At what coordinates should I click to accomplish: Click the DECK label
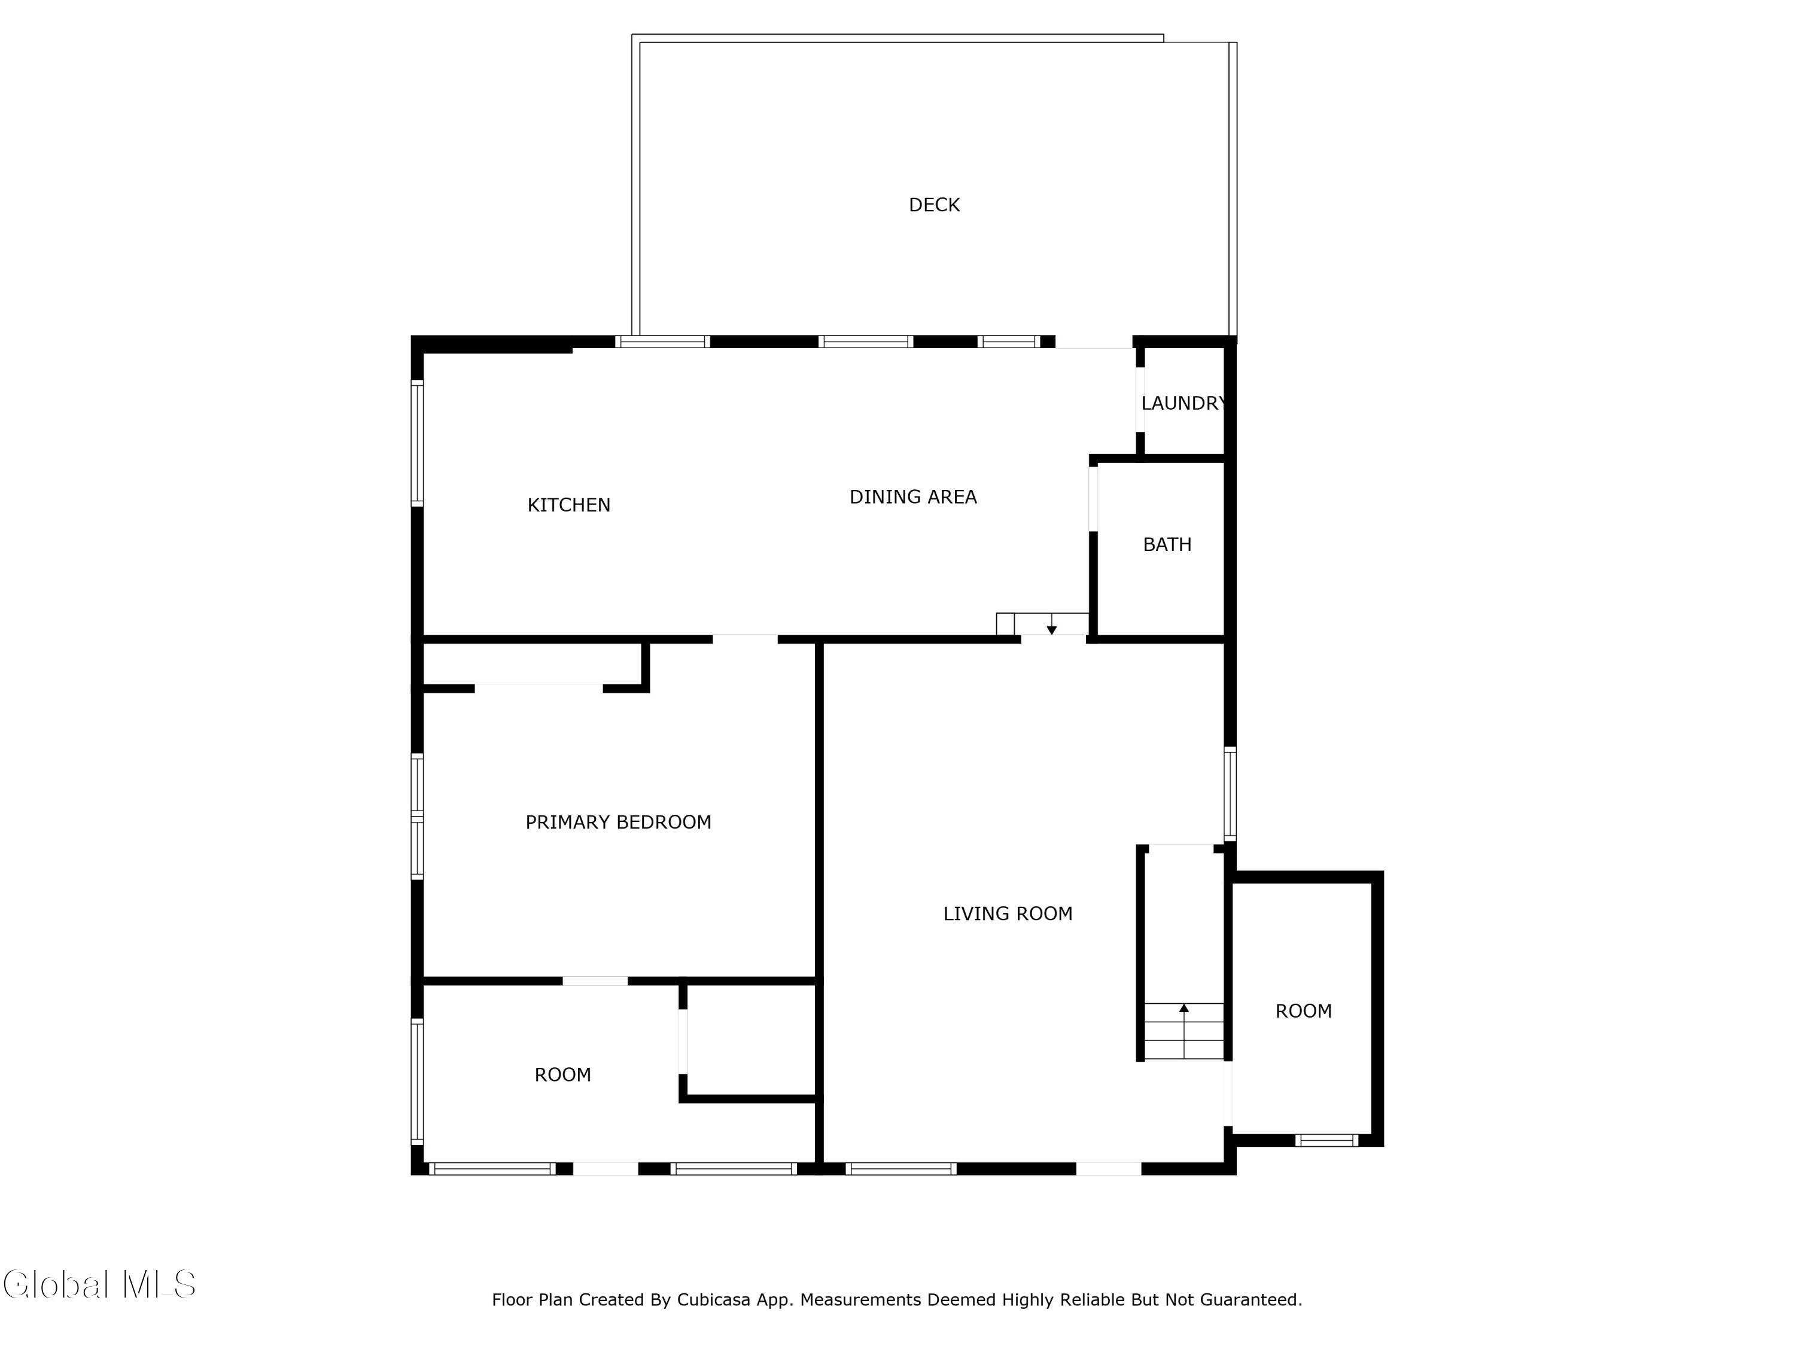[x=934, y=205]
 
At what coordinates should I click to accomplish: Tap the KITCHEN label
[x=569, y=505]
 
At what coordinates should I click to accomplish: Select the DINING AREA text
[x=913, y=497]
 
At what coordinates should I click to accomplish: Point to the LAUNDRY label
[x=1183, y=403]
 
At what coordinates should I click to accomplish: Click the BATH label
[x=1167, y=544]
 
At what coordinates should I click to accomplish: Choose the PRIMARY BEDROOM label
[x=618, y=823]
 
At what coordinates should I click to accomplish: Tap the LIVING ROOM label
[x=1008, y=914]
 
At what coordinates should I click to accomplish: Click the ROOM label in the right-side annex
[x=1303, y=1012]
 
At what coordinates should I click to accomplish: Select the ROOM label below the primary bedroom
[x=562, y=1075]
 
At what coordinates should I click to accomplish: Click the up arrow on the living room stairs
[x=1184, y=1009]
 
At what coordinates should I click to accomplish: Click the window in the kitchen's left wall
[x=417, y=443]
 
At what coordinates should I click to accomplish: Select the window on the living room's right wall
[x=1230, y=793]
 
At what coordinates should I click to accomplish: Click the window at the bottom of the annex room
[x=1326, y=1140]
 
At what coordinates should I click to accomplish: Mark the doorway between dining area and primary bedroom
[x=745, y=639]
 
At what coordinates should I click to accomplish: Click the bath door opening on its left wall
[x=1093, y=499]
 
